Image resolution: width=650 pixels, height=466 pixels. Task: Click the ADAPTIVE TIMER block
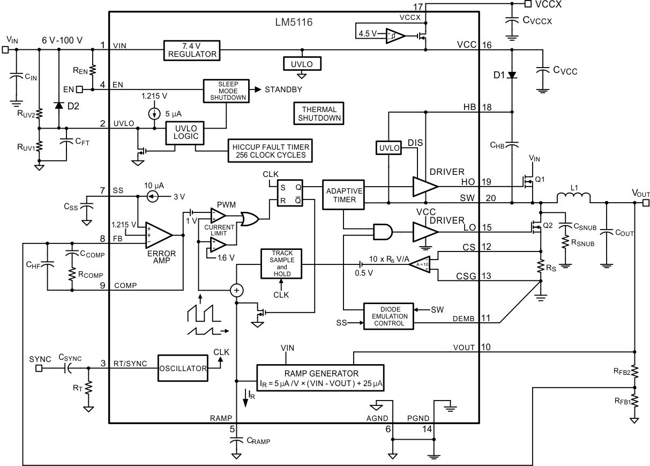pyautogui.click(x=342, y=195)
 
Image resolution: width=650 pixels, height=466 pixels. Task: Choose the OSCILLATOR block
pyautogui.click(x=182, y=368)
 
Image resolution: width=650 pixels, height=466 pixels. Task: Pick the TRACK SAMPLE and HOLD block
pyautogui.click(x=282, y=263)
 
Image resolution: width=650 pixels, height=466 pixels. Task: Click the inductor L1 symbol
pyautogui.click(x=574, y=199)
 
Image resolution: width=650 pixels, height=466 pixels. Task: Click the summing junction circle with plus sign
pyautogui.click(x=236, y=290)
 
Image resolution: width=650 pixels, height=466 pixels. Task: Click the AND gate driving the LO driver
pyautogui.click(x=383, y=232)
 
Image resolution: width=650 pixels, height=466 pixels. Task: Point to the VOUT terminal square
pyautogui.click(x=646, y=203)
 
